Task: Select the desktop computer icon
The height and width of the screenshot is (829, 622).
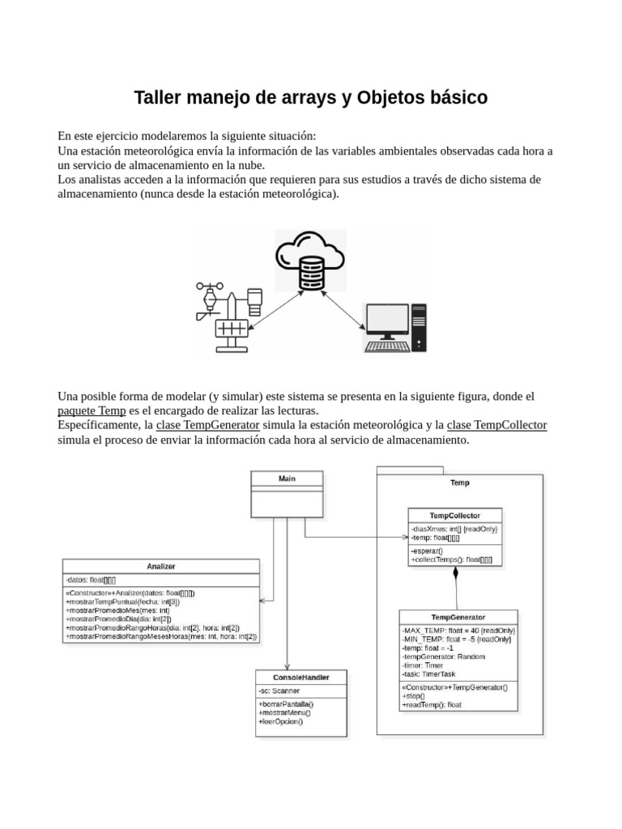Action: click(x=394, y=328)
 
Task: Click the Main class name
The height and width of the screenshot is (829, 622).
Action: click(x=287, y=478)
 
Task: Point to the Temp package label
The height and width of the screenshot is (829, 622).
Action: click(x=459, y=483)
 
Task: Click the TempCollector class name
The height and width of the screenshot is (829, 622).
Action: click(x=454, y=515)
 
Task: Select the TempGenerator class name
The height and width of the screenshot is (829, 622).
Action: click(x=458, y=617)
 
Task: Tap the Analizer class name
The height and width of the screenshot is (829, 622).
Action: click(x=161, y=567)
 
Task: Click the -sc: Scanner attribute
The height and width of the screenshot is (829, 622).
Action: click(x=279, y=691)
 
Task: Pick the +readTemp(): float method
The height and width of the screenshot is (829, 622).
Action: click(x=432, y=705)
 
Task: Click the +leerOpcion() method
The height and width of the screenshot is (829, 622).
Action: click(x=280, y=721)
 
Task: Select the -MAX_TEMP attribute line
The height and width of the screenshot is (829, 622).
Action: click(x=458, y=630)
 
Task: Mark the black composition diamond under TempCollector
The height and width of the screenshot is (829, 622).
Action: click(x=455, y=574)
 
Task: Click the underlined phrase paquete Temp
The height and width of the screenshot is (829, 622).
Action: click(x=92, y=410)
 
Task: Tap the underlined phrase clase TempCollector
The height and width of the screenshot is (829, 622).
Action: click(x=496, y=425)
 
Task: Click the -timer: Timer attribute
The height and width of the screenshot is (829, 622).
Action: click(x=423, y=665)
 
